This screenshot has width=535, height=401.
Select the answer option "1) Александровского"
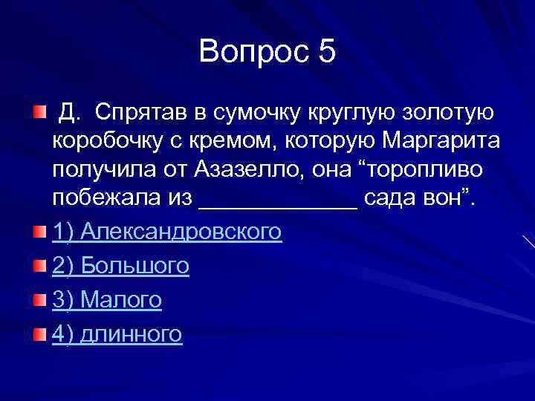click(167, 232)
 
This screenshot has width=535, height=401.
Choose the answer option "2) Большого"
click(120, 266)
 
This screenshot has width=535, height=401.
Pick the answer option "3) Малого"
click(107, 300)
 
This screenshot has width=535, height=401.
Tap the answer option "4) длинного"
click(117, 334)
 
